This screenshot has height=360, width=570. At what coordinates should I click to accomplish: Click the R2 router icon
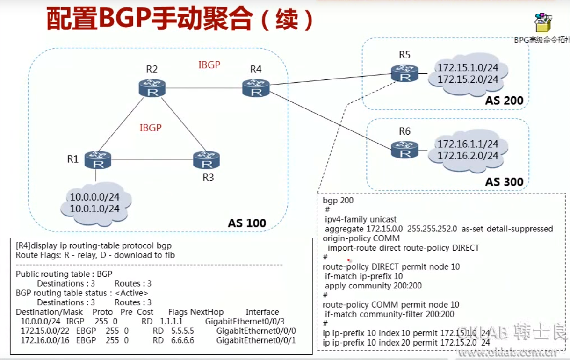[152, 88]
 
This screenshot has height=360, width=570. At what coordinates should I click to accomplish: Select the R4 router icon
[256, 88]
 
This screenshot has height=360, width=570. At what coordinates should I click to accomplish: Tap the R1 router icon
[98, 160]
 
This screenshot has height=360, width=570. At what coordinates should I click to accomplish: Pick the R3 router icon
[206, 160]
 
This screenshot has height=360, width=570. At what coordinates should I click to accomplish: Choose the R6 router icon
[404, 149]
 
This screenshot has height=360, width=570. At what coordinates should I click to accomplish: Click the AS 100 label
[247, 223]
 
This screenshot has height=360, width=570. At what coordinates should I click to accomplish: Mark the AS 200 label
[504, 101]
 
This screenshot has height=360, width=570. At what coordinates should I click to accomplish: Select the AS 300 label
[504, 181]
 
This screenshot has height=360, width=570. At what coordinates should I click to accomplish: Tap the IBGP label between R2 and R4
[209, 65]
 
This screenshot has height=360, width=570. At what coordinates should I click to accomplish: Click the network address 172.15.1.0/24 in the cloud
[468, 68]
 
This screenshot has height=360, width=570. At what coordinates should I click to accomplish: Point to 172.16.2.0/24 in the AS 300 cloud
[468, 156]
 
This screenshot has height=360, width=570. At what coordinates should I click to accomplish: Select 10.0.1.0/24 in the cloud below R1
[95, 209]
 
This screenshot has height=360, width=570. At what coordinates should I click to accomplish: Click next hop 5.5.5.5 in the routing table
[183, 331]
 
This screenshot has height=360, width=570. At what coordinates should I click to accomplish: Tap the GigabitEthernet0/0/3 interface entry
[245, 322]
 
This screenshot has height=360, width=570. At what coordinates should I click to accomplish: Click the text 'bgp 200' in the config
[338, 201]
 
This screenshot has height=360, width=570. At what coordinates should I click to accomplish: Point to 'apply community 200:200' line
[373, 286]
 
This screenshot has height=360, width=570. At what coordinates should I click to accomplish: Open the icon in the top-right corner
[543, 23]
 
